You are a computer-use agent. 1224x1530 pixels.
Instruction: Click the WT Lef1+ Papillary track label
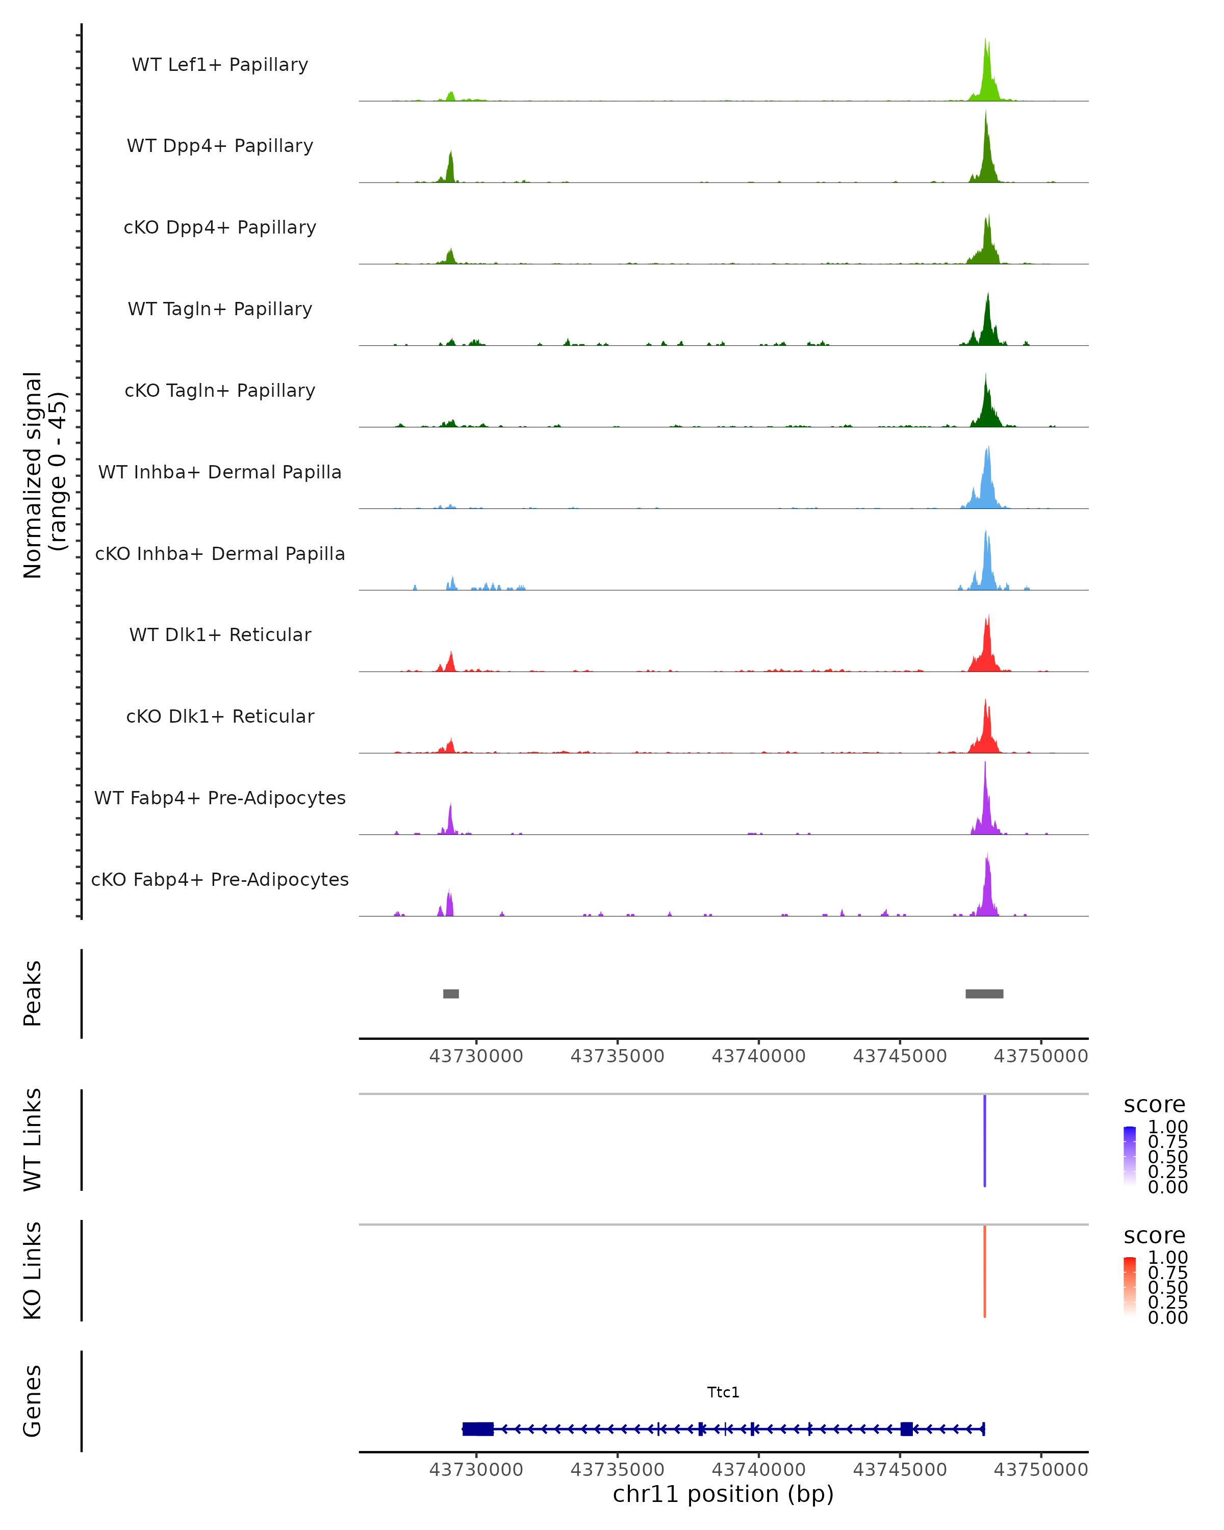click(x=220, y=65)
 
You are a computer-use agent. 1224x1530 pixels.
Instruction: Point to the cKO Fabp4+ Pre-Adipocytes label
click(x=220, y=879)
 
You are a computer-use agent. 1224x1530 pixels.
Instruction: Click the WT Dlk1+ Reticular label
click(x=220, y=634)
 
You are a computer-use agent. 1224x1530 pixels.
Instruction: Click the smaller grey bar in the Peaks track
click(x=450, y=993)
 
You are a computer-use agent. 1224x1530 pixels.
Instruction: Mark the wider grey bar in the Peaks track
click(x=984, y=993)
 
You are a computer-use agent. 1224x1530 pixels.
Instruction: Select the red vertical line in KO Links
click(x=985, y=1271)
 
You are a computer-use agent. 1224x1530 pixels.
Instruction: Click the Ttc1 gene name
click(x=723, y=1392)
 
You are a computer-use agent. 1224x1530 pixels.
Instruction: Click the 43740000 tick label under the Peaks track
click(x=758, y=1057)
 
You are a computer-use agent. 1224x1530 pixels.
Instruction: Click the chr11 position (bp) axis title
click(x=723, y=1494)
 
